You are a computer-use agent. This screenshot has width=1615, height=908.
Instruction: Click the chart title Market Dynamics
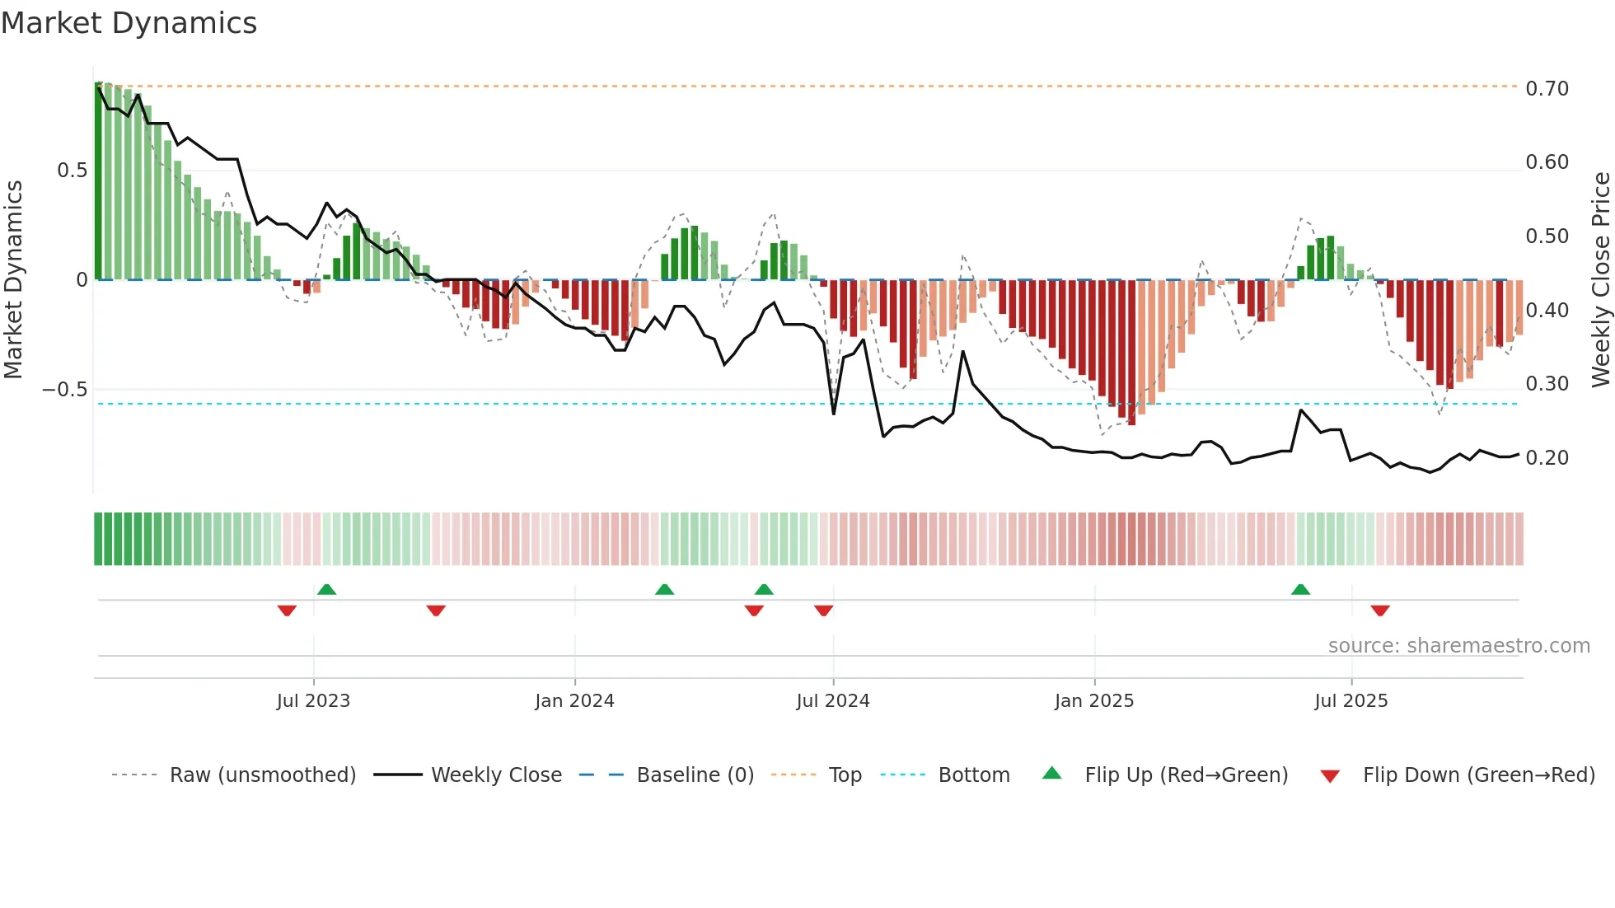click(129, 23)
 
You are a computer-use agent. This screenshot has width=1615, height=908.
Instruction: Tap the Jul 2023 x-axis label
click(313, 701)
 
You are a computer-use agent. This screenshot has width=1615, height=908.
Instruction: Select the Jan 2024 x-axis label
click(574, 701)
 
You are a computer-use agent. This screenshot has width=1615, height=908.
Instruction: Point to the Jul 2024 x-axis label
click(832, 701)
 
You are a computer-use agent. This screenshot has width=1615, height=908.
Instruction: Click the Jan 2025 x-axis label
click(1094, 701)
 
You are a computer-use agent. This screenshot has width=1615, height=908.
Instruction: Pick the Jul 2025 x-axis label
click(1351, 701)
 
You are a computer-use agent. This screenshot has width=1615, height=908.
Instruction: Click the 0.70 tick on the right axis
click(1547, 88)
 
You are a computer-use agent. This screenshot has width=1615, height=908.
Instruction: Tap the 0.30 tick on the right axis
click(1547, 384)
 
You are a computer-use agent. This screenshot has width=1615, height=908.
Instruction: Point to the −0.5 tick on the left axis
click(64, 389)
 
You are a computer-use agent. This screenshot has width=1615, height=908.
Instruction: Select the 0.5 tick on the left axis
click(72, 171)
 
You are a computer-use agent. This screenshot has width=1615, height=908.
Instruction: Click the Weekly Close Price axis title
click(1600, 280)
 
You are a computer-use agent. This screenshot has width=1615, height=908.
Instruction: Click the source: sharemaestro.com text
click(1458, 646)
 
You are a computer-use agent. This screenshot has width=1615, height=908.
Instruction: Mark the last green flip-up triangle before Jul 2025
click(1300, 590)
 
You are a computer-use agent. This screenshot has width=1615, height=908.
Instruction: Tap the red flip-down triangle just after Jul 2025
click(1380, 611)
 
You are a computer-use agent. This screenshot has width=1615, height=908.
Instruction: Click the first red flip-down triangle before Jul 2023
click(287, 611)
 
